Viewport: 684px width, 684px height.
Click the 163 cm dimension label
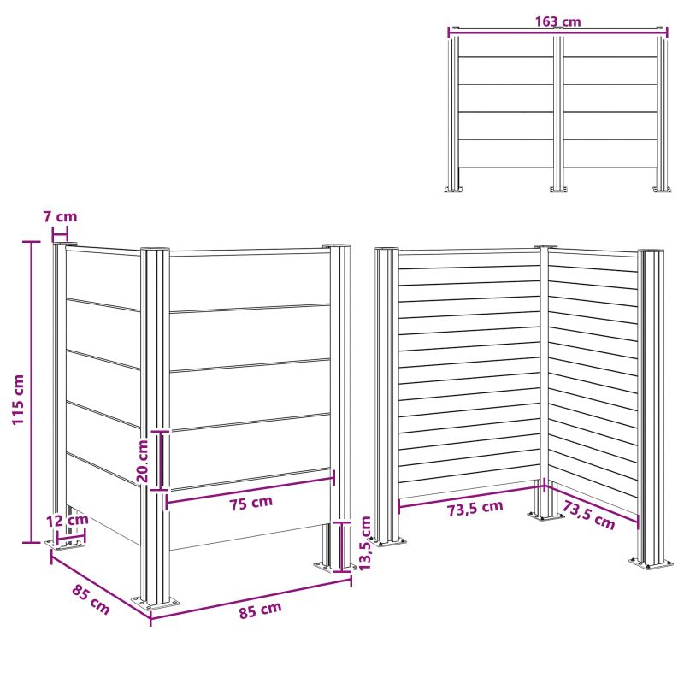558,21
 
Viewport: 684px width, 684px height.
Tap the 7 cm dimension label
60,216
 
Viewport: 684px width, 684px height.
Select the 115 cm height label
18,399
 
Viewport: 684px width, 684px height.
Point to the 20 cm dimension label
143,461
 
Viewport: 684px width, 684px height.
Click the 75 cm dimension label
251,503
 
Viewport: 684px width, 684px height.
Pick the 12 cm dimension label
68,520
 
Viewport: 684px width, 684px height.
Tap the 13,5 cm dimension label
365,543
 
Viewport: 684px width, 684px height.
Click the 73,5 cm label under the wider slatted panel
475,508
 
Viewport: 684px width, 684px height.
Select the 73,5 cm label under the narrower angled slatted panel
588,515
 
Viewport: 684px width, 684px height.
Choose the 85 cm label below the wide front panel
261,610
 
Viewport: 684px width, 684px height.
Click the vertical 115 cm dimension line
32,392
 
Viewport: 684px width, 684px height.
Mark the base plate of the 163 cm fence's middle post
558,189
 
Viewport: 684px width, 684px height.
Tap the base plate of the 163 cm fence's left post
454,189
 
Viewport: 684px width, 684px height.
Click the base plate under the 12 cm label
66,544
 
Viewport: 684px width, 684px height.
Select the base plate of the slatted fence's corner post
545,516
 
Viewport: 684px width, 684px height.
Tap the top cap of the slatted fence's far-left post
386,249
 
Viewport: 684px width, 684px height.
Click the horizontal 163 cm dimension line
558,29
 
